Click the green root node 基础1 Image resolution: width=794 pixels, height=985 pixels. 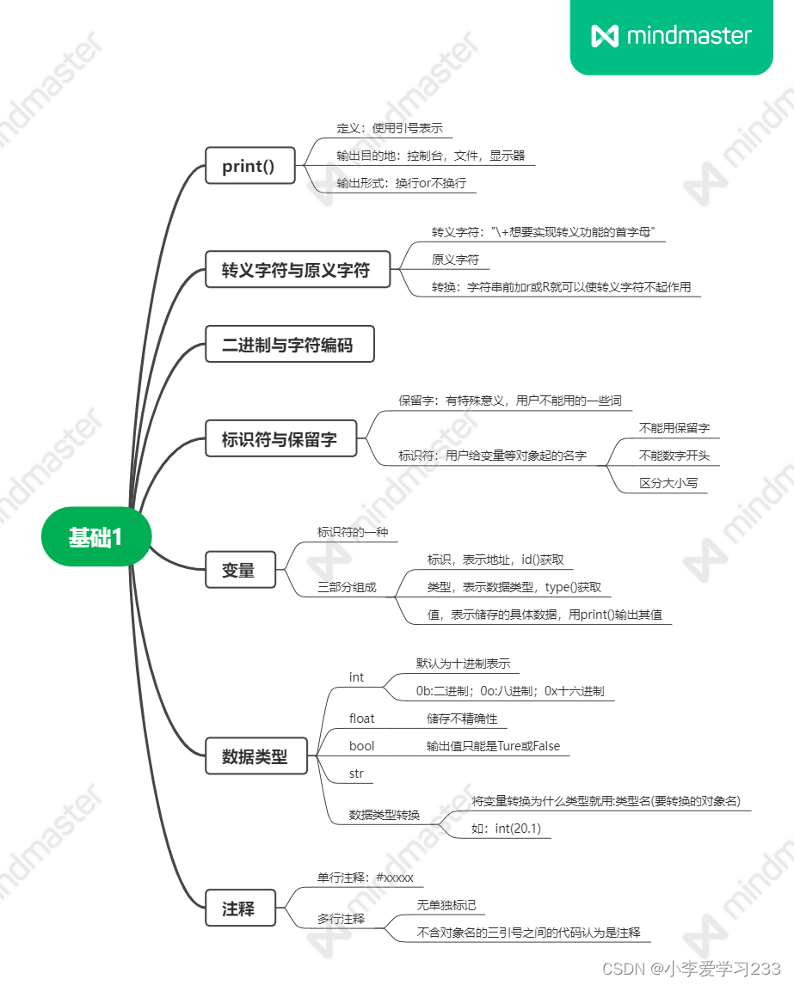[96, 538]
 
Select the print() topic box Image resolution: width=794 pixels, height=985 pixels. [249, 166]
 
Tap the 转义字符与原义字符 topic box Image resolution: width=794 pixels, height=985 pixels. [297, 270]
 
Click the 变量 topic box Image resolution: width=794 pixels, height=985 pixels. [240, 570]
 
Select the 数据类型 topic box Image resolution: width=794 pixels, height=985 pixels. [255, 757]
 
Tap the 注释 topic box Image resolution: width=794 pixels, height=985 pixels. [240, 909]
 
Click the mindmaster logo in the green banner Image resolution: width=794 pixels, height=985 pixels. [672, 36]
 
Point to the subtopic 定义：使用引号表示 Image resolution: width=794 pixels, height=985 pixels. [389, 128]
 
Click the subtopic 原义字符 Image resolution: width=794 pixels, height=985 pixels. [455, 260]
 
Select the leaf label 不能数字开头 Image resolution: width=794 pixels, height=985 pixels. [674, 456]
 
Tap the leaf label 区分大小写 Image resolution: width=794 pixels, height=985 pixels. [668, 483]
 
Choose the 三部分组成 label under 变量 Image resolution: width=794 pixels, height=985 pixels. [347, 588]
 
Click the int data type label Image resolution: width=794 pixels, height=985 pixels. [356, 677]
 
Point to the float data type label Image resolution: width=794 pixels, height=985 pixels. [361, 719]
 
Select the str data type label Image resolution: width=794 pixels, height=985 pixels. [356, 774]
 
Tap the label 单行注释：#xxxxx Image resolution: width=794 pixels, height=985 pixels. [366, 878]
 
